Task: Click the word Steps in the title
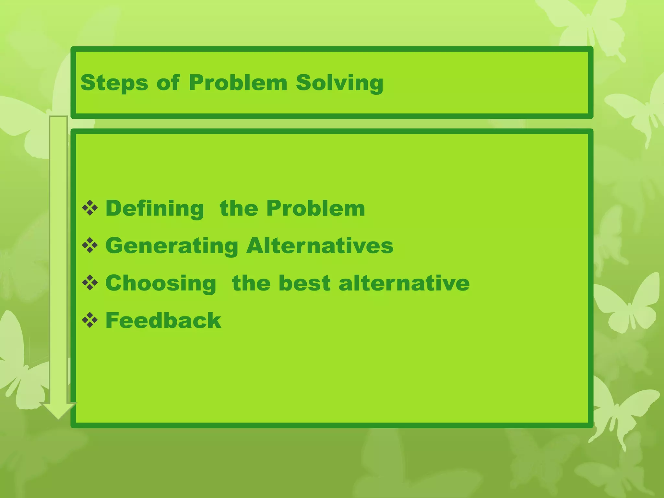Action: coord(114,83)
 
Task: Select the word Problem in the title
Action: coord(238,83)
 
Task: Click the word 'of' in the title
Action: coord(168,82)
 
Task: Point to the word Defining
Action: coord(155,208)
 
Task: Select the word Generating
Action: coord(172,246)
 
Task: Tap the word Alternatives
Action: coord(320,245)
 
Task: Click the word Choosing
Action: coord(161,283)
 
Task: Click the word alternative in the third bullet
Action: coord(404,283)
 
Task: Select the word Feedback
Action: coord(163,320)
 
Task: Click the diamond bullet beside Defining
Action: coord(90,208)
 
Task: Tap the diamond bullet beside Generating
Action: coord(90,245)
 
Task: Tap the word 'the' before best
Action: coord(251,283)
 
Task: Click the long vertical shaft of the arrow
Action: coord(58,259)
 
